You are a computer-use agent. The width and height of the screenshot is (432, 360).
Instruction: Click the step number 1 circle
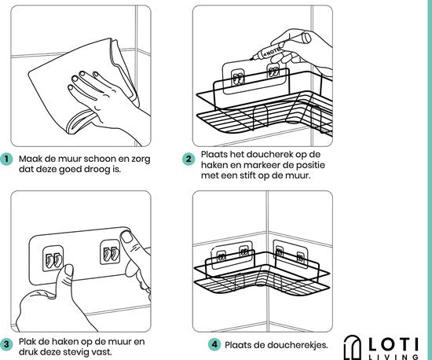(6, 159)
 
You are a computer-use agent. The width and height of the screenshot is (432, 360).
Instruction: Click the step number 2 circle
(189, 159)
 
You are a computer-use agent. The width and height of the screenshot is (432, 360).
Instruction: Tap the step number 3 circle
(6, 343)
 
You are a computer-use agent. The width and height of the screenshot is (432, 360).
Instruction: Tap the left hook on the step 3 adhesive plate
(53, 257)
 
